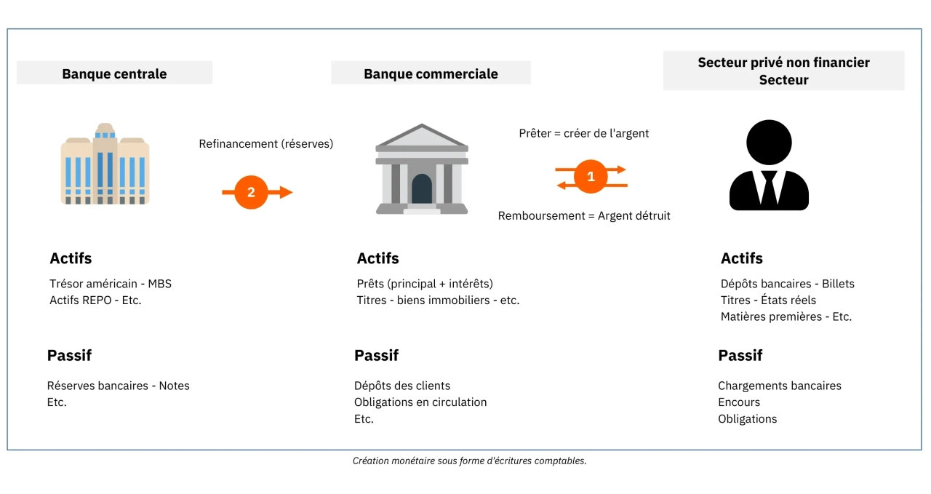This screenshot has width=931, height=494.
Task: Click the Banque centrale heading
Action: (x=114, y=73)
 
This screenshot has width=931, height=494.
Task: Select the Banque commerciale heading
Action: (x=431, y=73)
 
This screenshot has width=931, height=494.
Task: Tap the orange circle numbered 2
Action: (x=251, y=192)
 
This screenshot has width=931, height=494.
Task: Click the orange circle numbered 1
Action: (x=591, y=177)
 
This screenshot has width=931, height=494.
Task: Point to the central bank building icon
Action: (x=105, y=164)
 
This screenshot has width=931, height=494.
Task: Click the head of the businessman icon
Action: (x=769, y=142)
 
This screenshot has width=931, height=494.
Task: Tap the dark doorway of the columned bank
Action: (x=422, y=188)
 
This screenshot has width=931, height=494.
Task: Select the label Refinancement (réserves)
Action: (x=266, y=144)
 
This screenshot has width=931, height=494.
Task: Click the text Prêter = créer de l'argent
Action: (x=583, y=133)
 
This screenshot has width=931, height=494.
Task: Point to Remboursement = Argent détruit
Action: (x=584, y=215)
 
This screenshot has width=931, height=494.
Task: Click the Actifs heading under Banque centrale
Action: (x=71, y=258)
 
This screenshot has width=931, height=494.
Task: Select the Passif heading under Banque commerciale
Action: (x=376, y=356)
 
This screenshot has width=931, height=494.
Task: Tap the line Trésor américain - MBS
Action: (x=111, y=284)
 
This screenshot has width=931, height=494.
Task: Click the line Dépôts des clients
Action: (x=402, y=386)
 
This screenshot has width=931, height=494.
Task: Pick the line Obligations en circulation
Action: (x=420, y=402)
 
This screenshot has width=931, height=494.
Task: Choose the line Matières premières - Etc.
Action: (x=786, y=316)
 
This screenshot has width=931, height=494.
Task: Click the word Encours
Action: (x=739, y=402)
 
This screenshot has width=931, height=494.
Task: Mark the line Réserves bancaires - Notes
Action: (x=118, y=386)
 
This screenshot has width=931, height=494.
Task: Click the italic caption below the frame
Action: (x=470, y=461)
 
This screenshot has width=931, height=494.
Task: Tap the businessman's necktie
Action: (x=769, y=187)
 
